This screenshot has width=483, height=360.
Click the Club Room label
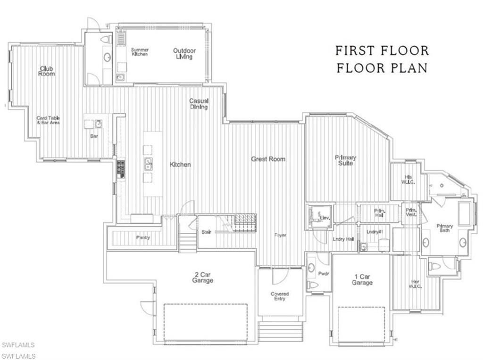pyautogui.click(x=46, y=71)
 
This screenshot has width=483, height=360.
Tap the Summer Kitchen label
pyautogui.click(x=140, y=52)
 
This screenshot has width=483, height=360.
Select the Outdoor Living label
pyautogui.click(x=184, y=54)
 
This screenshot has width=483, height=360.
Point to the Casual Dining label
pyautogui.click(x=199, y=104)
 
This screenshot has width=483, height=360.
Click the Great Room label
pyautogui.click(x=268, y=159)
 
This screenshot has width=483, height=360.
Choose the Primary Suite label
pyautogui.click(x=345, y=160)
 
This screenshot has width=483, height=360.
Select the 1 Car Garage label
pyautogui.click(x=362, y=280)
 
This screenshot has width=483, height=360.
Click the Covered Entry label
pyautogui.click(x=280, y=296)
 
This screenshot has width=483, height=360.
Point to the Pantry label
pyautogui.click(x=143, y=237)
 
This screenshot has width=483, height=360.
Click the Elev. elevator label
pyautogui.click(x=325, y=218)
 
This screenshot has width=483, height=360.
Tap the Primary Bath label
pyautogui.click(x=444, y=228)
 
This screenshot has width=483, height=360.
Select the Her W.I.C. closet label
pyautogui.click(x=416, y=285)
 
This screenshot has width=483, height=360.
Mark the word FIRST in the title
pyautogui.click(x=357, y=50)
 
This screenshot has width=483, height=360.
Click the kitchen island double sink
pyautogui.click(x=148, y=164)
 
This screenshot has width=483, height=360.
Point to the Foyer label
pyautogui.click(x=281, y=235)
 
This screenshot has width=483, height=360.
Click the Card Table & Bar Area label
pyautogui.click(x=48, y=120)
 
